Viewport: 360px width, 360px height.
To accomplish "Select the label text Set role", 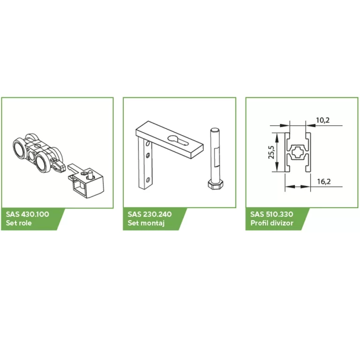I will (19, 223).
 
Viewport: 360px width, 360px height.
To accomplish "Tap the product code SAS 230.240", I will (150, 214).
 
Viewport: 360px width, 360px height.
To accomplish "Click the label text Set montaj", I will (143, 223).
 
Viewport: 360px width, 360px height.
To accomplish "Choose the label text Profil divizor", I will (270, 223).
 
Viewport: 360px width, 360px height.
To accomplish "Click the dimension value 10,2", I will (322, 120).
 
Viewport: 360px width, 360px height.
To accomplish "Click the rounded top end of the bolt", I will (213, 130).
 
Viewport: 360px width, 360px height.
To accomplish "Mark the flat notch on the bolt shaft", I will (216, 155).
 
